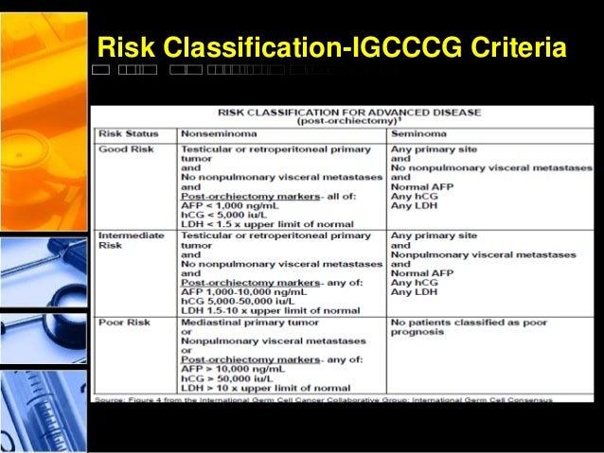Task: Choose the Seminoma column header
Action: [417, 134]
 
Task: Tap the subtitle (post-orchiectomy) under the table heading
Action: [346, 122]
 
